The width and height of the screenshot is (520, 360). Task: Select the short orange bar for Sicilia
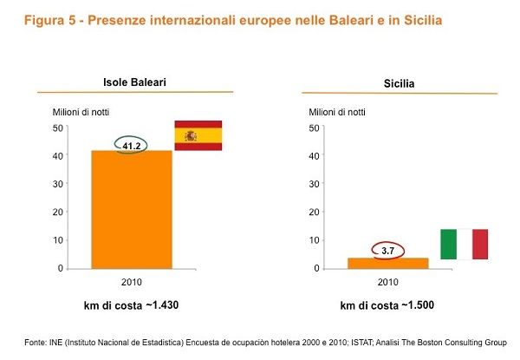(x=387, y=263)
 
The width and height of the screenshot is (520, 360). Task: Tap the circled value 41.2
(x=132, y=146)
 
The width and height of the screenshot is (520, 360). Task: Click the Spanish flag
(x=198, y=135)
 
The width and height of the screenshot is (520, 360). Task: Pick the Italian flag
(x=464, y=244)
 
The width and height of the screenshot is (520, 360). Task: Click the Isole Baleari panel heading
(x=134, y=83)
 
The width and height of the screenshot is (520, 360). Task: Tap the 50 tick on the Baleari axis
(x=58, y=128)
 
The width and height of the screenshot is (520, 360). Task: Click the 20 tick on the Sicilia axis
(x=315, y=212)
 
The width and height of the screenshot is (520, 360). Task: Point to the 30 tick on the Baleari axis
(x=58, y=184)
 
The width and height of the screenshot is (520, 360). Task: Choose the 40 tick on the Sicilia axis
(x=315, y=156)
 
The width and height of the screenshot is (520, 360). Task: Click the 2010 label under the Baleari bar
(x=132, y=283)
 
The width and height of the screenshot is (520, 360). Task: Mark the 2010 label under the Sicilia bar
(x=388, y=283)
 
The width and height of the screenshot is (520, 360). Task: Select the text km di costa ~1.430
(x=132, y=306)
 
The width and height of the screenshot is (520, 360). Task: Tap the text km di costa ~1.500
(x=387, y=306)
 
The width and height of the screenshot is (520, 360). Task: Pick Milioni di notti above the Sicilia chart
(x=338, y=111)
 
